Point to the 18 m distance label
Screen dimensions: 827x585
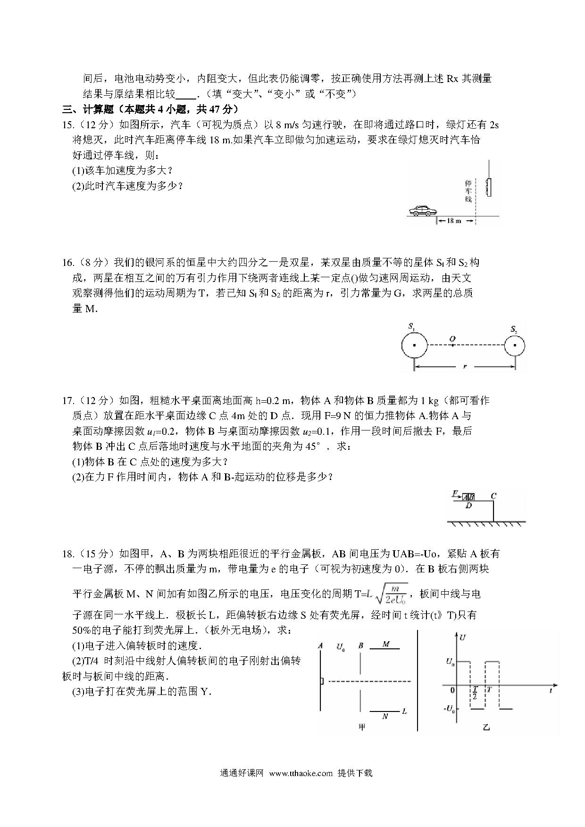pyautogui.click(x=454, y=221)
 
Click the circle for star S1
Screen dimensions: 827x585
pyautogui.click(x=414, y=346)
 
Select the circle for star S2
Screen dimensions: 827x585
pyautogui.click(x=514, y=346)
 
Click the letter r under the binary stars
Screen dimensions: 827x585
pyautogui.click(x=465, y=366)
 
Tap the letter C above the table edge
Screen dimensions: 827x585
pyautogui.click(x=493, y=496)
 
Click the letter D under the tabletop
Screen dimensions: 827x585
pyautogui.click(x=468, y=506)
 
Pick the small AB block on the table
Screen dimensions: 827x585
pyautogui.click(x=468, y=497)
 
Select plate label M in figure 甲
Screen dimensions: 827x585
pyautogui.click(x=386, y=644)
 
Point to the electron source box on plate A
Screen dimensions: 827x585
pyautogui.click(x=322, y=681)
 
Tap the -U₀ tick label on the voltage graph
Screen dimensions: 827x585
pyautogui.click(x=450, y=708)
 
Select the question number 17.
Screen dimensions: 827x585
pyautogui.click(x=68, y=401)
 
